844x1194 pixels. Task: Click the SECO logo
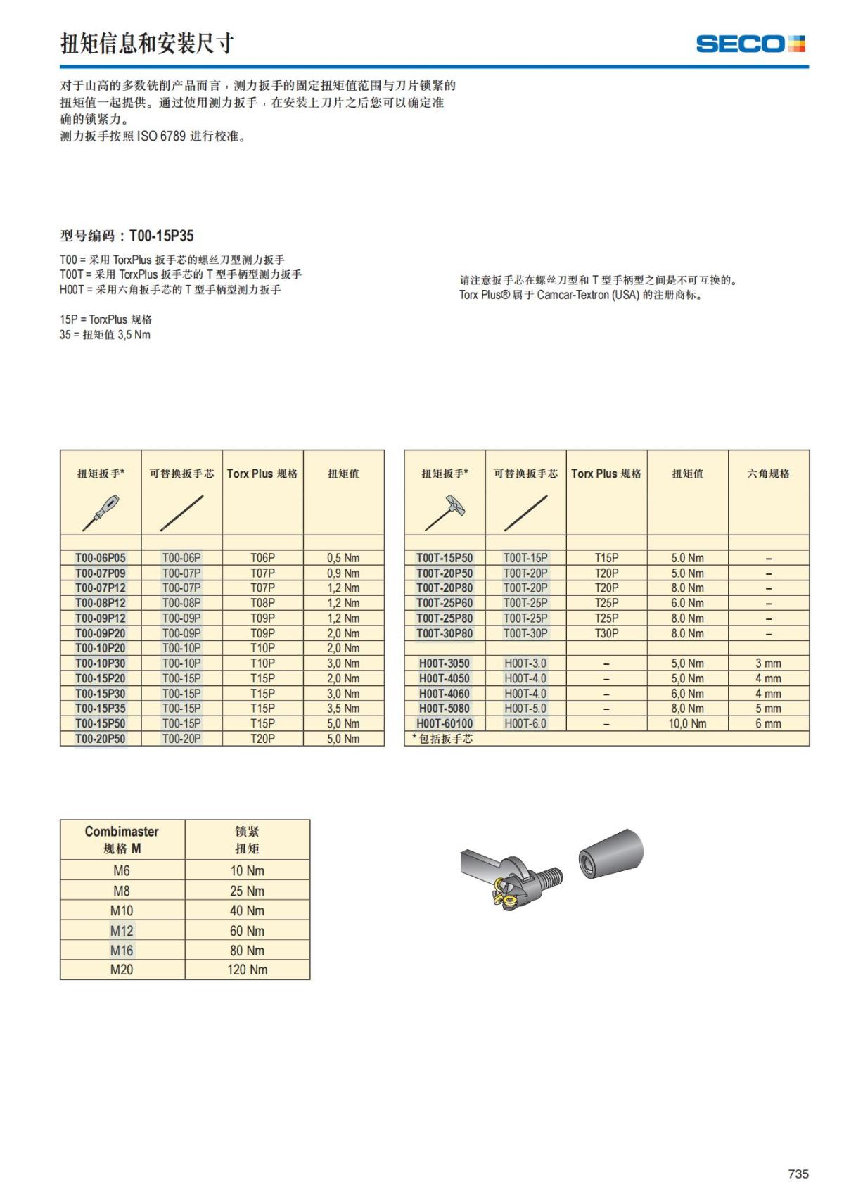pos(750,44)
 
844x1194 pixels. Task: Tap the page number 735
pos(798,1174)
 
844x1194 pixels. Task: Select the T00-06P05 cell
pos(101,558)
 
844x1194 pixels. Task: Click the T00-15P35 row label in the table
pos(101,709)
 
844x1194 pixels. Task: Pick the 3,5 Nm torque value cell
pos(343,709)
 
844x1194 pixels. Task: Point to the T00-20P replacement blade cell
pos(181,739)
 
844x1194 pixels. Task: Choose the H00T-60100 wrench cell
pos(445,723)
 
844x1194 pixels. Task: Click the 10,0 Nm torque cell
pos(687,723)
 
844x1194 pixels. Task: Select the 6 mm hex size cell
pos(768,723)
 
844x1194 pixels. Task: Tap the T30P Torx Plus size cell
pos(606,633)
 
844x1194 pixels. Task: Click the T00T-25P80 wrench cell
pos(445,618)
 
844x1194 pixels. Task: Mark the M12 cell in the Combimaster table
pos(122,931)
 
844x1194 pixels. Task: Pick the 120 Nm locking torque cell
pos(247,970)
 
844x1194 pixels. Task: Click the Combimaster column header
pos(122,839)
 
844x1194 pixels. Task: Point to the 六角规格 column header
pos(768,474)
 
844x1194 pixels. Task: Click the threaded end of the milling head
pos(552,877)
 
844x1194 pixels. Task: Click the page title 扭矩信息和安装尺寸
pos(147,44)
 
